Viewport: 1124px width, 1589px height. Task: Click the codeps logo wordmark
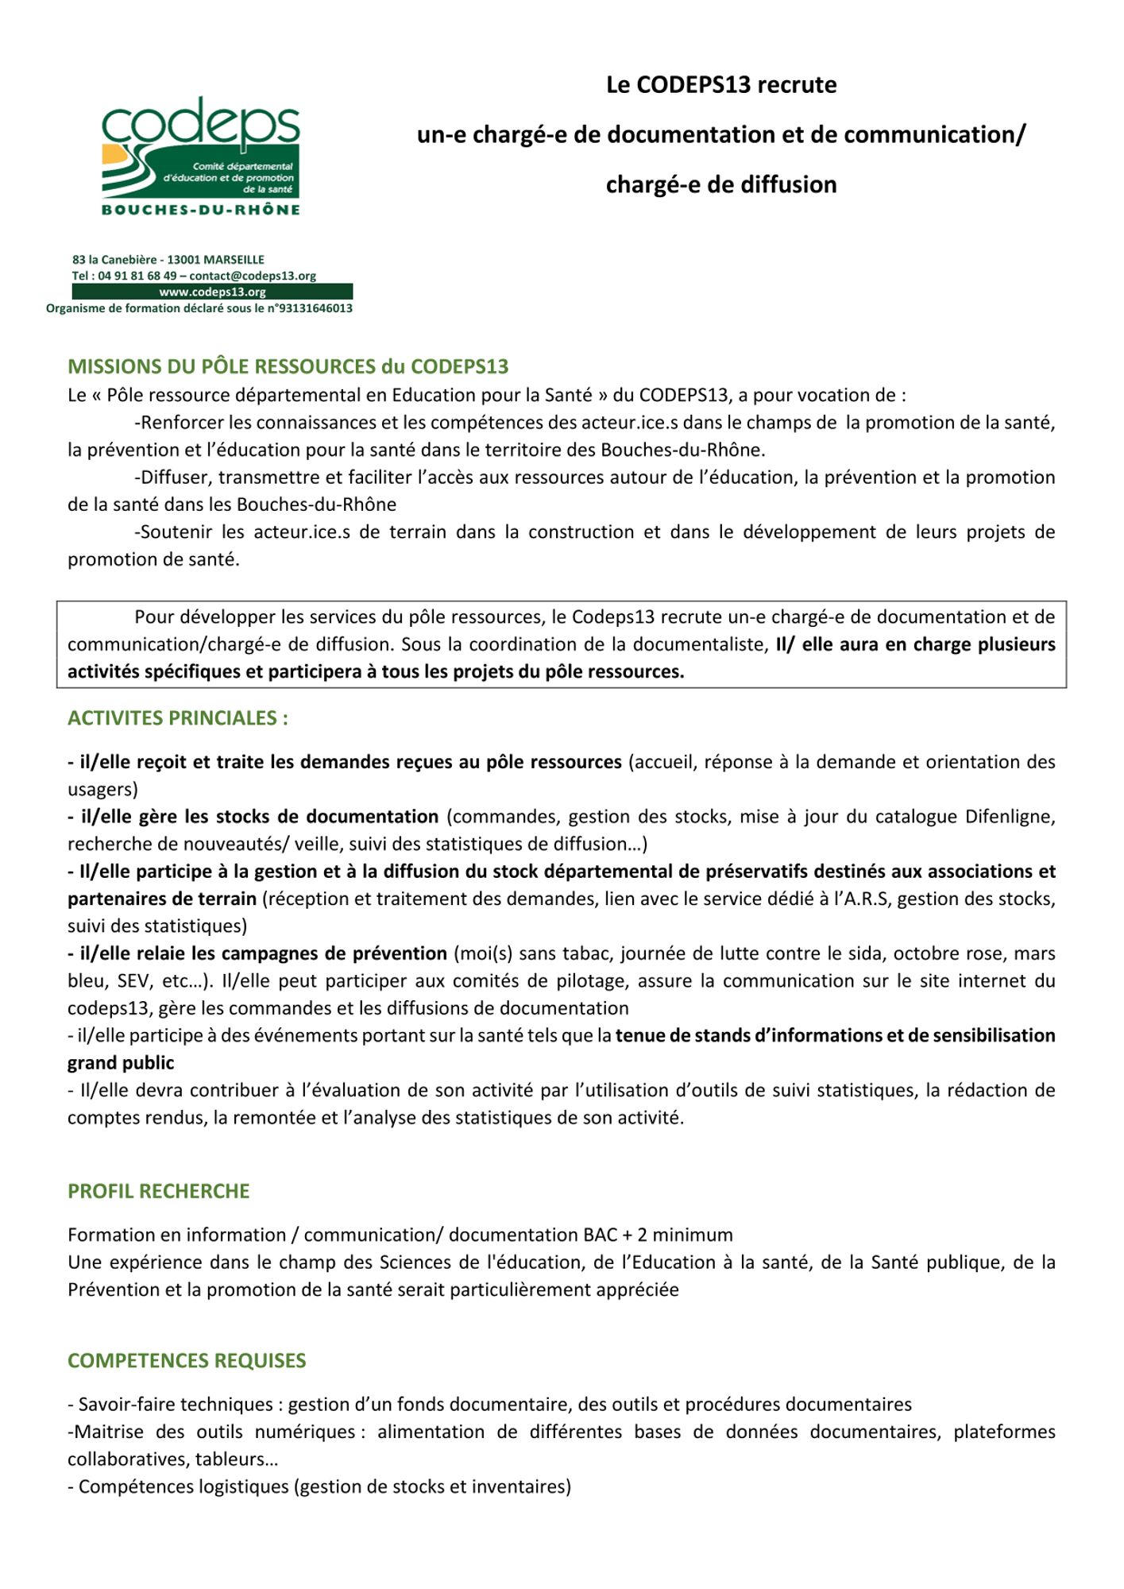pos(200,124)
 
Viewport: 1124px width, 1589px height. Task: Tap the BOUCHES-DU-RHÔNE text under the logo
pos(201,210)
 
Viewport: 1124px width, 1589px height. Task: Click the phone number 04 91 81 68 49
pos(137,276)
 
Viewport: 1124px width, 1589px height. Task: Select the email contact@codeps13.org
pos(253,276)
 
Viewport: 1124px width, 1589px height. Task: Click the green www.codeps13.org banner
pos(212,292)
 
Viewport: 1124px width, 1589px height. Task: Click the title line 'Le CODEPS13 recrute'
pos(721,85)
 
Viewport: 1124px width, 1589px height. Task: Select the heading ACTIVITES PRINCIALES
pos(178,718)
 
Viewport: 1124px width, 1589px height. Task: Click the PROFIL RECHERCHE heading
pos(159,1191)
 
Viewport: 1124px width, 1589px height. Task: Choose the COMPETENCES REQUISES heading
pos(187,1360)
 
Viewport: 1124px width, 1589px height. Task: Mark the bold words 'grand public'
pos(121,1063)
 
